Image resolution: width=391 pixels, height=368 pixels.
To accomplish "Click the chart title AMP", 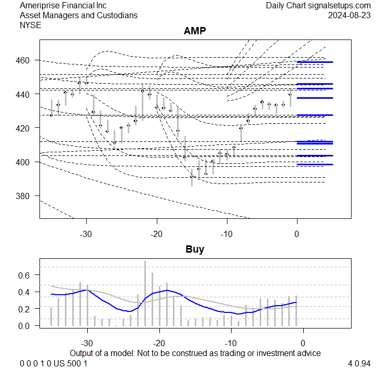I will tap(195, 31).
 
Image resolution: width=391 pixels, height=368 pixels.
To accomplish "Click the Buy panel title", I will tap(195, 249).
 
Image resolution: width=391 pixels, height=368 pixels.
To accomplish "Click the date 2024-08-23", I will tap(349, 15).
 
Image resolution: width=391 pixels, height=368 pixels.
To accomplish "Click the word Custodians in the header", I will tap(117, 15).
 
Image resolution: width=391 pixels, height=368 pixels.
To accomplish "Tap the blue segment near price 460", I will tap(315, 62).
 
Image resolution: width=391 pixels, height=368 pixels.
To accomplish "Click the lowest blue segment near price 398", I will tap(315, 164).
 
